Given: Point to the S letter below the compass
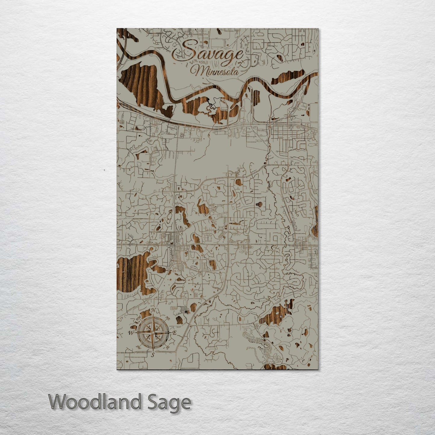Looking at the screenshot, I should (x=153, y=355).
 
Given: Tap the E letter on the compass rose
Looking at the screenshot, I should (x=175, y=333).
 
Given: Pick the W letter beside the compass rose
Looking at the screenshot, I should (x=131, y=333).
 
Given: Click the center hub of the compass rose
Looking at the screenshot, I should (x=153, y=332).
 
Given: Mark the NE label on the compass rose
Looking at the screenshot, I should (x=167, y=318).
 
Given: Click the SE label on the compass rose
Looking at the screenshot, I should (x=167, y=347).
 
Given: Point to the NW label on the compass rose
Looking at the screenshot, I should (x=139, y=318).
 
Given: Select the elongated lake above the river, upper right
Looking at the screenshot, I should (x=287, y=77).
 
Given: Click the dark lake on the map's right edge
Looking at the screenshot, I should (x=315, y=221).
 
